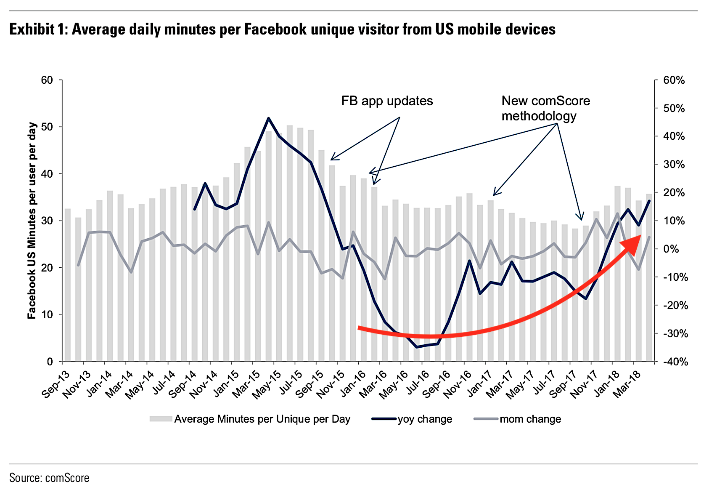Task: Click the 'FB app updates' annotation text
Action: point(387,101)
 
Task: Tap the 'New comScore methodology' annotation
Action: point(545,108)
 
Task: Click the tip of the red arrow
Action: point(640,237)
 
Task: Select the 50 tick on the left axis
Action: point(47,127)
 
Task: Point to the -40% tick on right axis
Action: point(675,362)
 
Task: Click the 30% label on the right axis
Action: point(674,165)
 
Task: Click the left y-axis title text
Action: point(32,221)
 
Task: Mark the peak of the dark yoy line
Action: point(268,118)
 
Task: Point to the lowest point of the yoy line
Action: point(416,347)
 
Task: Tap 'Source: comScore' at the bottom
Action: point(49,478)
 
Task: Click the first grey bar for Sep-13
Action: point(68,285)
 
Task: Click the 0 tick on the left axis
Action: point(50,362)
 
